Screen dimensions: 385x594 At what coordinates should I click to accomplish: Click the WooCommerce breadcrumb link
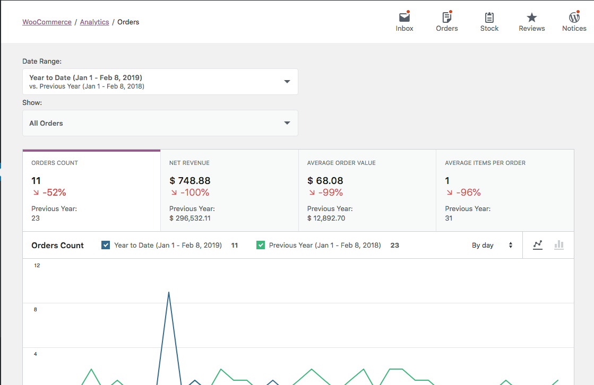[47, 22]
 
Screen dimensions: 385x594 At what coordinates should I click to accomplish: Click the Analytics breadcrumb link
[94, 22]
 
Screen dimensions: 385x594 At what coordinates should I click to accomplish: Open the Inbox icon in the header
[404, 17]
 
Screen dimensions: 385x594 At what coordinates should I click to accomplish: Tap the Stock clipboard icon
[489, 17]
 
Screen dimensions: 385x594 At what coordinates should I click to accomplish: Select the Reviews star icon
[532, 17]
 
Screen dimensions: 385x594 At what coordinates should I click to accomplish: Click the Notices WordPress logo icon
[574, 17]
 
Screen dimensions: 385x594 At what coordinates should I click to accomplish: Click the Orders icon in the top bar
[446, 17]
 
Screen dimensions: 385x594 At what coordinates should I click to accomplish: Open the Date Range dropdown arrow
[287, 82]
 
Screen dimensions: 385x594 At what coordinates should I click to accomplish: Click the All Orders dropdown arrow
[287, 123]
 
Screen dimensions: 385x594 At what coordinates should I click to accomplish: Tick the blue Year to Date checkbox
[106, 245]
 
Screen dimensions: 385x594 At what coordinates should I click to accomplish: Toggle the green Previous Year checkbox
[261, 245]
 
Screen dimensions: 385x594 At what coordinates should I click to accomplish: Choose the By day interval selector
[492, 245]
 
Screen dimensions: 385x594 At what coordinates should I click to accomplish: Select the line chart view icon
[538, 245]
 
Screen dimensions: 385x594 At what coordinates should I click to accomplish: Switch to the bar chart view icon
[558, 245]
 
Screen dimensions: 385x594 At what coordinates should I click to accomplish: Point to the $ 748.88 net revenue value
[190, 181]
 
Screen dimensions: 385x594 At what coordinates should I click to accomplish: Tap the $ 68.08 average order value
[325, 181]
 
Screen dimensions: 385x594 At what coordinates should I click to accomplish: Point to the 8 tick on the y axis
[36, 309]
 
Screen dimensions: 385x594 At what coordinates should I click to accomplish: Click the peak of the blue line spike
[169, 292]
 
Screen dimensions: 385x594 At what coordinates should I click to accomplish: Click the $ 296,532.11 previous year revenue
[190, 218]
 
